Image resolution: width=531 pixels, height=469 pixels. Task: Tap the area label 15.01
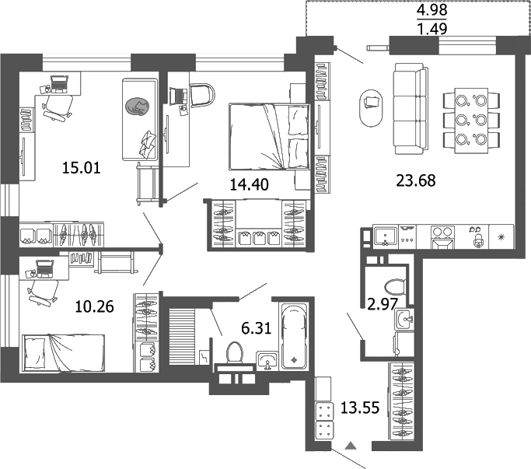(82, 166)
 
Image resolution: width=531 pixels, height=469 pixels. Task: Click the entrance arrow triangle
(351, 446)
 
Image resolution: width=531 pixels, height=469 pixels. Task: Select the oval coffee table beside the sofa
(371, 108)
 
